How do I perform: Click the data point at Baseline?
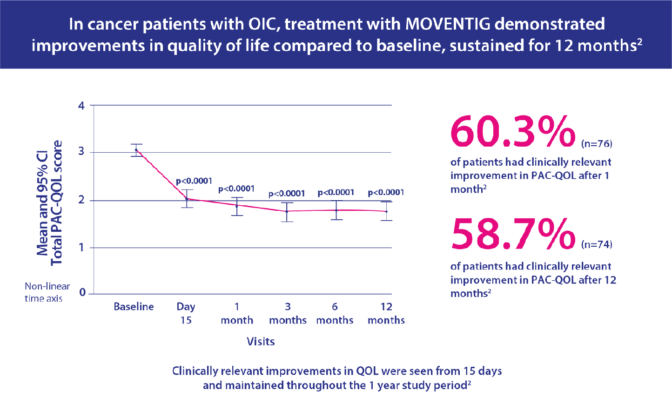pos(136,150)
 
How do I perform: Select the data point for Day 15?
pos(187,199)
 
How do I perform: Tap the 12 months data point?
pos(386,211)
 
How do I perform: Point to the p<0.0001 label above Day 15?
pos(194,181)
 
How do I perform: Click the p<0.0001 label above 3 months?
pos(287,194)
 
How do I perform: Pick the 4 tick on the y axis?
pos(82,106)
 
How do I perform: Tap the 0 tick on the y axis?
pos(83,292)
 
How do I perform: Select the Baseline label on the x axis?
pos(134,307)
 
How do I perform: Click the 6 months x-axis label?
pos(335,313)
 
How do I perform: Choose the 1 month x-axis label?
pos(237,313)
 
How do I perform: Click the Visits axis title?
pos(261,342)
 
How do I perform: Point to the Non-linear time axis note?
pos(47,292)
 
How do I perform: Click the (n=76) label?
pos(597,144)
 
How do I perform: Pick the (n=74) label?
pos(597,244)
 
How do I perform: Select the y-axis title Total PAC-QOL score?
pos(57,203)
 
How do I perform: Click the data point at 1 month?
pos(237,206)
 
